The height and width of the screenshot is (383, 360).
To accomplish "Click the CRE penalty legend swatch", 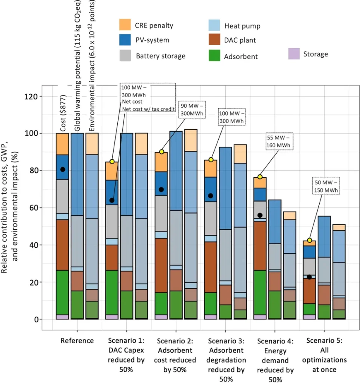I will [124, 25].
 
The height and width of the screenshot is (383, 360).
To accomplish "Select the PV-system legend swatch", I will [124, 40].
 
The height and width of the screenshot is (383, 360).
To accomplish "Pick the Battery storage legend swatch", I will [124, 56].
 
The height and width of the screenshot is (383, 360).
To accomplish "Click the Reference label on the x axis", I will [77, 341].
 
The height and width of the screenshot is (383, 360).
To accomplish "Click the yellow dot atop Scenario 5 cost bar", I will [310, 240].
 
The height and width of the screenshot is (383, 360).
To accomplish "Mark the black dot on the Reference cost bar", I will [63, 169].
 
